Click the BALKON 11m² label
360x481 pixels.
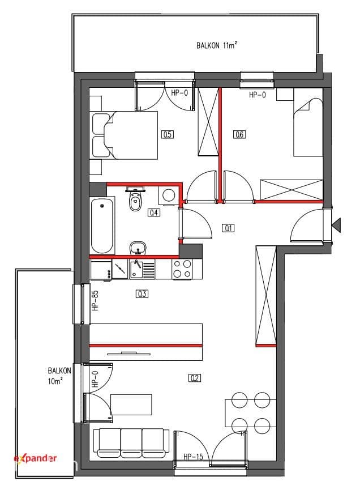tap(217, 45)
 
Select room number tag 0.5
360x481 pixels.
tap(168, 134)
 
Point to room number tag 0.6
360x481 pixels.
tap(239, 134)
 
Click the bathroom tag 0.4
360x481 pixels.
tap(154, 212)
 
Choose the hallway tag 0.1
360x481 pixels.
tap(228, 228)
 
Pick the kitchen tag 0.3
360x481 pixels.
tap(142, 294)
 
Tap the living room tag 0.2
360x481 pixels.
tap(195, 378)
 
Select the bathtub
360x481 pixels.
tap(102, 226)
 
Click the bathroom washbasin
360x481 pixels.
tap(138, 248)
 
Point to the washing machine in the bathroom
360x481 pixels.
tap(168, 195)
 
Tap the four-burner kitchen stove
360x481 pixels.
tap(182, 269)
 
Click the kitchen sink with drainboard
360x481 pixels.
tap(142, 269)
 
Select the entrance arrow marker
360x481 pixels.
tap(336, 225)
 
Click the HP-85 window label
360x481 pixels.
tap(96, 301)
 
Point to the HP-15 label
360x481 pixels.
tap(194, 457)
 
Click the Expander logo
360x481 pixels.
tap(35, 458)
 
